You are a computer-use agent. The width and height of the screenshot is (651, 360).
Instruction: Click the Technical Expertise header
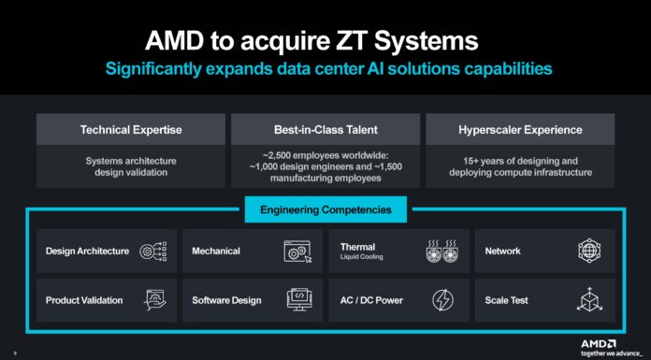click(131, 129)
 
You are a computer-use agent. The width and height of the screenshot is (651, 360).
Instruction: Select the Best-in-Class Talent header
click(325, 129)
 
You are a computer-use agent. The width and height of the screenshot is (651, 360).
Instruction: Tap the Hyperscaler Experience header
click(520, 129)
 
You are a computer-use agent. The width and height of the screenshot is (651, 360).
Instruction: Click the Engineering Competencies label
click(325, 209)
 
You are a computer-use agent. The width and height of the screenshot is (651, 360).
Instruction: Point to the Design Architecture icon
click(153, 251)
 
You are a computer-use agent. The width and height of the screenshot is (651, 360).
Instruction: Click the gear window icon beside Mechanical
click(297, 251)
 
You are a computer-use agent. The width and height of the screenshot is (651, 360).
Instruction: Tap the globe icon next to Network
click(588, 251)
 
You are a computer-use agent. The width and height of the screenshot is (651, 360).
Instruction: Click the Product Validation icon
click(153, 300)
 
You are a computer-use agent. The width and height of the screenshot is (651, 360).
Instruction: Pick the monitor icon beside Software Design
click(297, 300)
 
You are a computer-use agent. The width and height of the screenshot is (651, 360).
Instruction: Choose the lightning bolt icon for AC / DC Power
click(442, 300)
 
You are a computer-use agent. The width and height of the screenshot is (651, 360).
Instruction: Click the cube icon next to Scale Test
click(588, 300)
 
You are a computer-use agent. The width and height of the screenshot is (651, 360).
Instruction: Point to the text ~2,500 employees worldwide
click(325, 153)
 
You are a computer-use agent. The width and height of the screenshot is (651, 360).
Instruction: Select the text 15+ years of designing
click(520, 160)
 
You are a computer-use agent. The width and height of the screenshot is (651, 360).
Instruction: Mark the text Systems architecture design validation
click(131, 166)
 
